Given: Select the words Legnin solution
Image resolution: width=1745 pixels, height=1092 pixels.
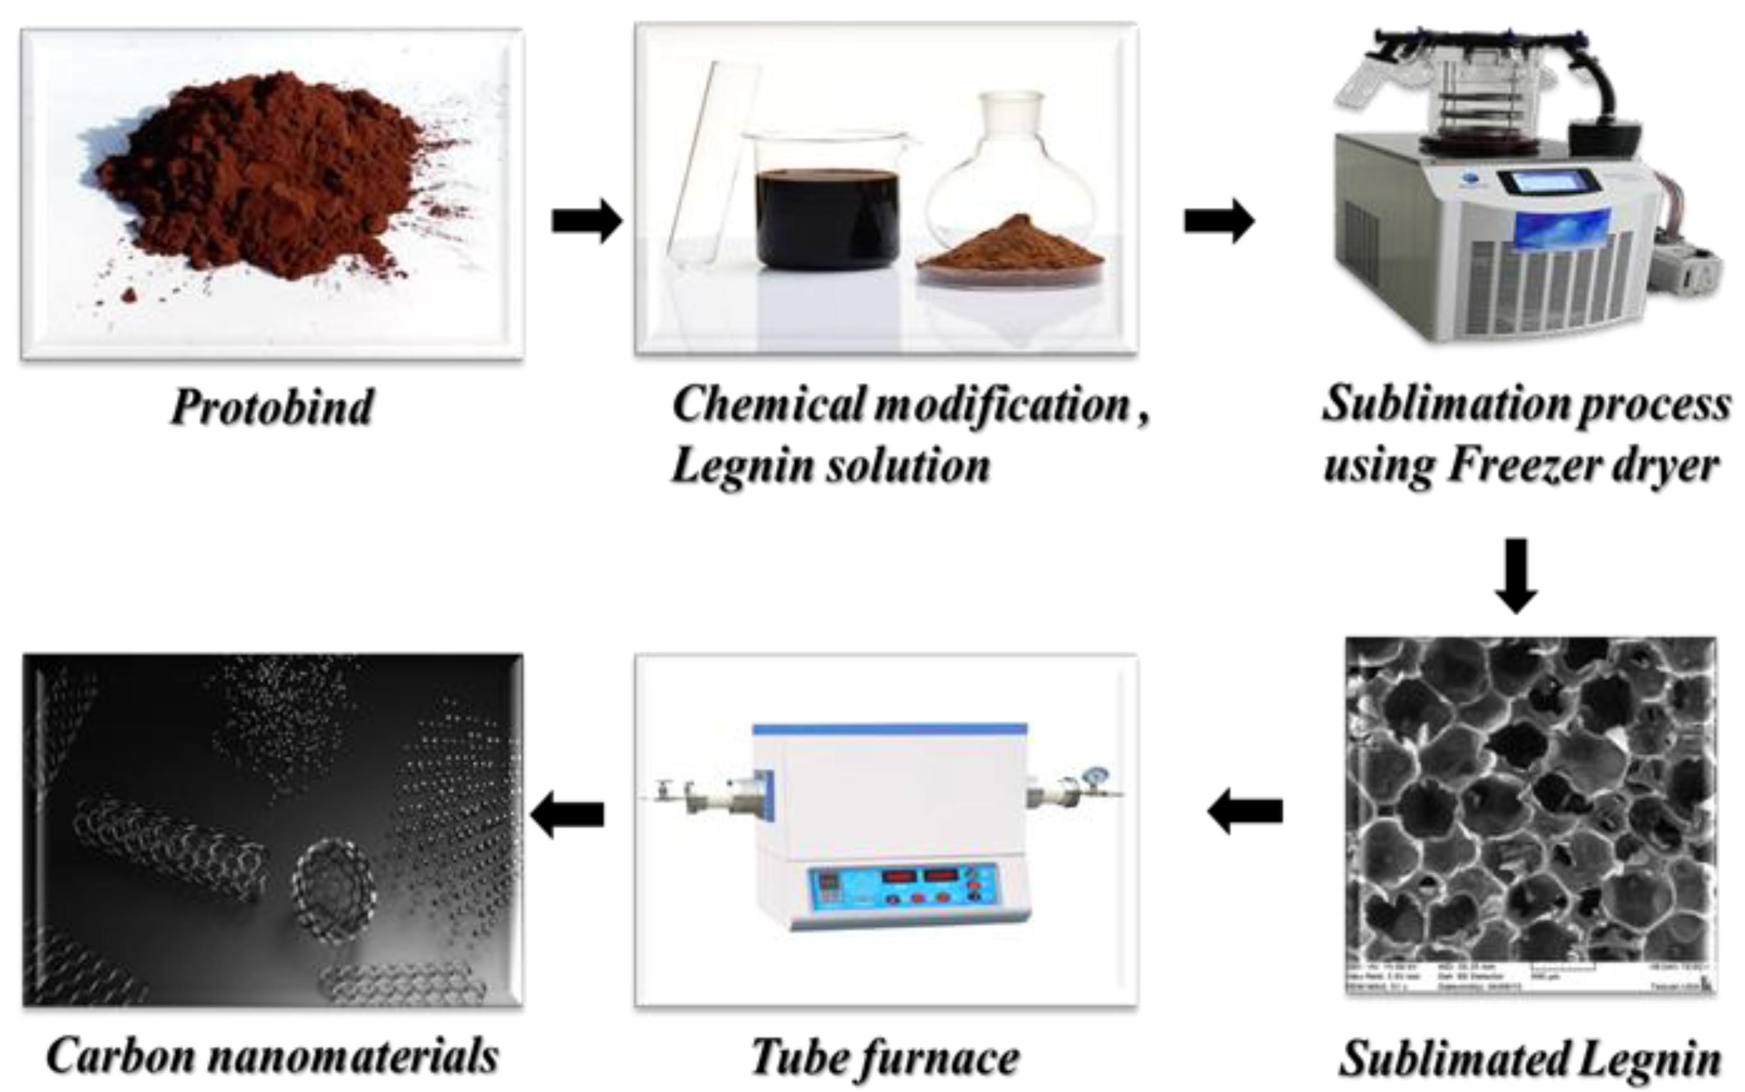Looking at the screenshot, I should (831, 466).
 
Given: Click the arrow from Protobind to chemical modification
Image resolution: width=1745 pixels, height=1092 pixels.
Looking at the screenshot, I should (586, 220).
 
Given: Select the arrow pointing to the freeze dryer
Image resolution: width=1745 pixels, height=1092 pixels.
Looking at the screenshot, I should (1219, 220).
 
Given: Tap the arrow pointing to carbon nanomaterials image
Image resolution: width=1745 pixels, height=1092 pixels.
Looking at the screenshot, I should (567, 814).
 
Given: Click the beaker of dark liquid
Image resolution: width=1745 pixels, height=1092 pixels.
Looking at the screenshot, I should (827, 217).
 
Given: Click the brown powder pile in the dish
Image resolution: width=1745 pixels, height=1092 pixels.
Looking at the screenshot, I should (1012, 246).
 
